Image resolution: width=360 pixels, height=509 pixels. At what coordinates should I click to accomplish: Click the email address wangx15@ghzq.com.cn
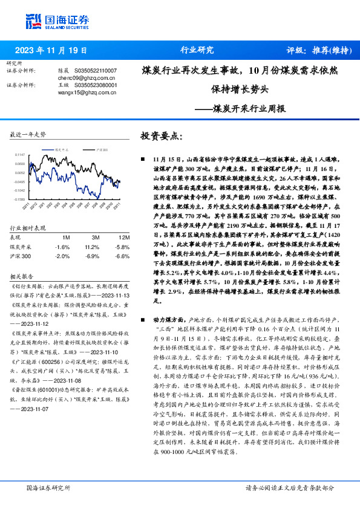click(x=83, y=92)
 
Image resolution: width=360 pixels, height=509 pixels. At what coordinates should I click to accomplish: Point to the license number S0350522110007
click(x=95, y=71)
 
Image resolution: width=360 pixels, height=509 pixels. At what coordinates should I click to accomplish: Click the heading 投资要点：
click(x=160, y=137)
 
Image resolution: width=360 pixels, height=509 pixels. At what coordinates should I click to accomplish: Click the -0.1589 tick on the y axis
click(x=19, y=199)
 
